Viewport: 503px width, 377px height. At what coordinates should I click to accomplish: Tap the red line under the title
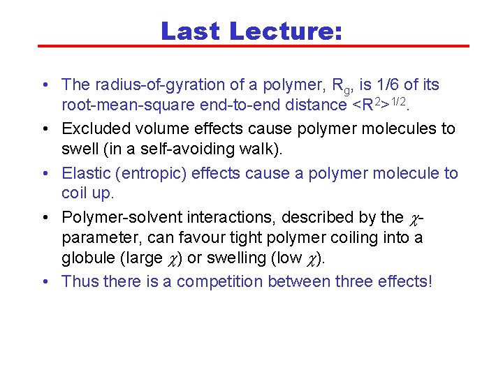click(251, 47)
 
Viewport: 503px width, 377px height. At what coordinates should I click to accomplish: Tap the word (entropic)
click(148, 173)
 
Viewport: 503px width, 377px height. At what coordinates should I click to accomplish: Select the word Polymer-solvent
click(117, 217)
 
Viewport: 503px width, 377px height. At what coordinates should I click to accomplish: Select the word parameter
click(101, 238)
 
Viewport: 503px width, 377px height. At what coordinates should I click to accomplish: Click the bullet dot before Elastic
click(44, 173)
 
